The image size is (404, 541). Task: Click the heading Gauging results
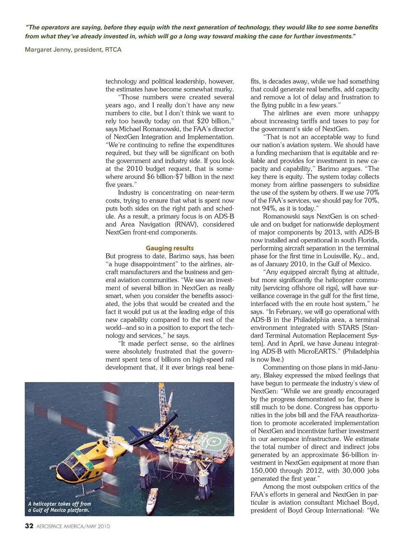pyautogui.click(x=170, y=248)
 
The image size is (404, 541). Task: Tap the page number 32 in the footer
pyautogui.click(x=29, y=526)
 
